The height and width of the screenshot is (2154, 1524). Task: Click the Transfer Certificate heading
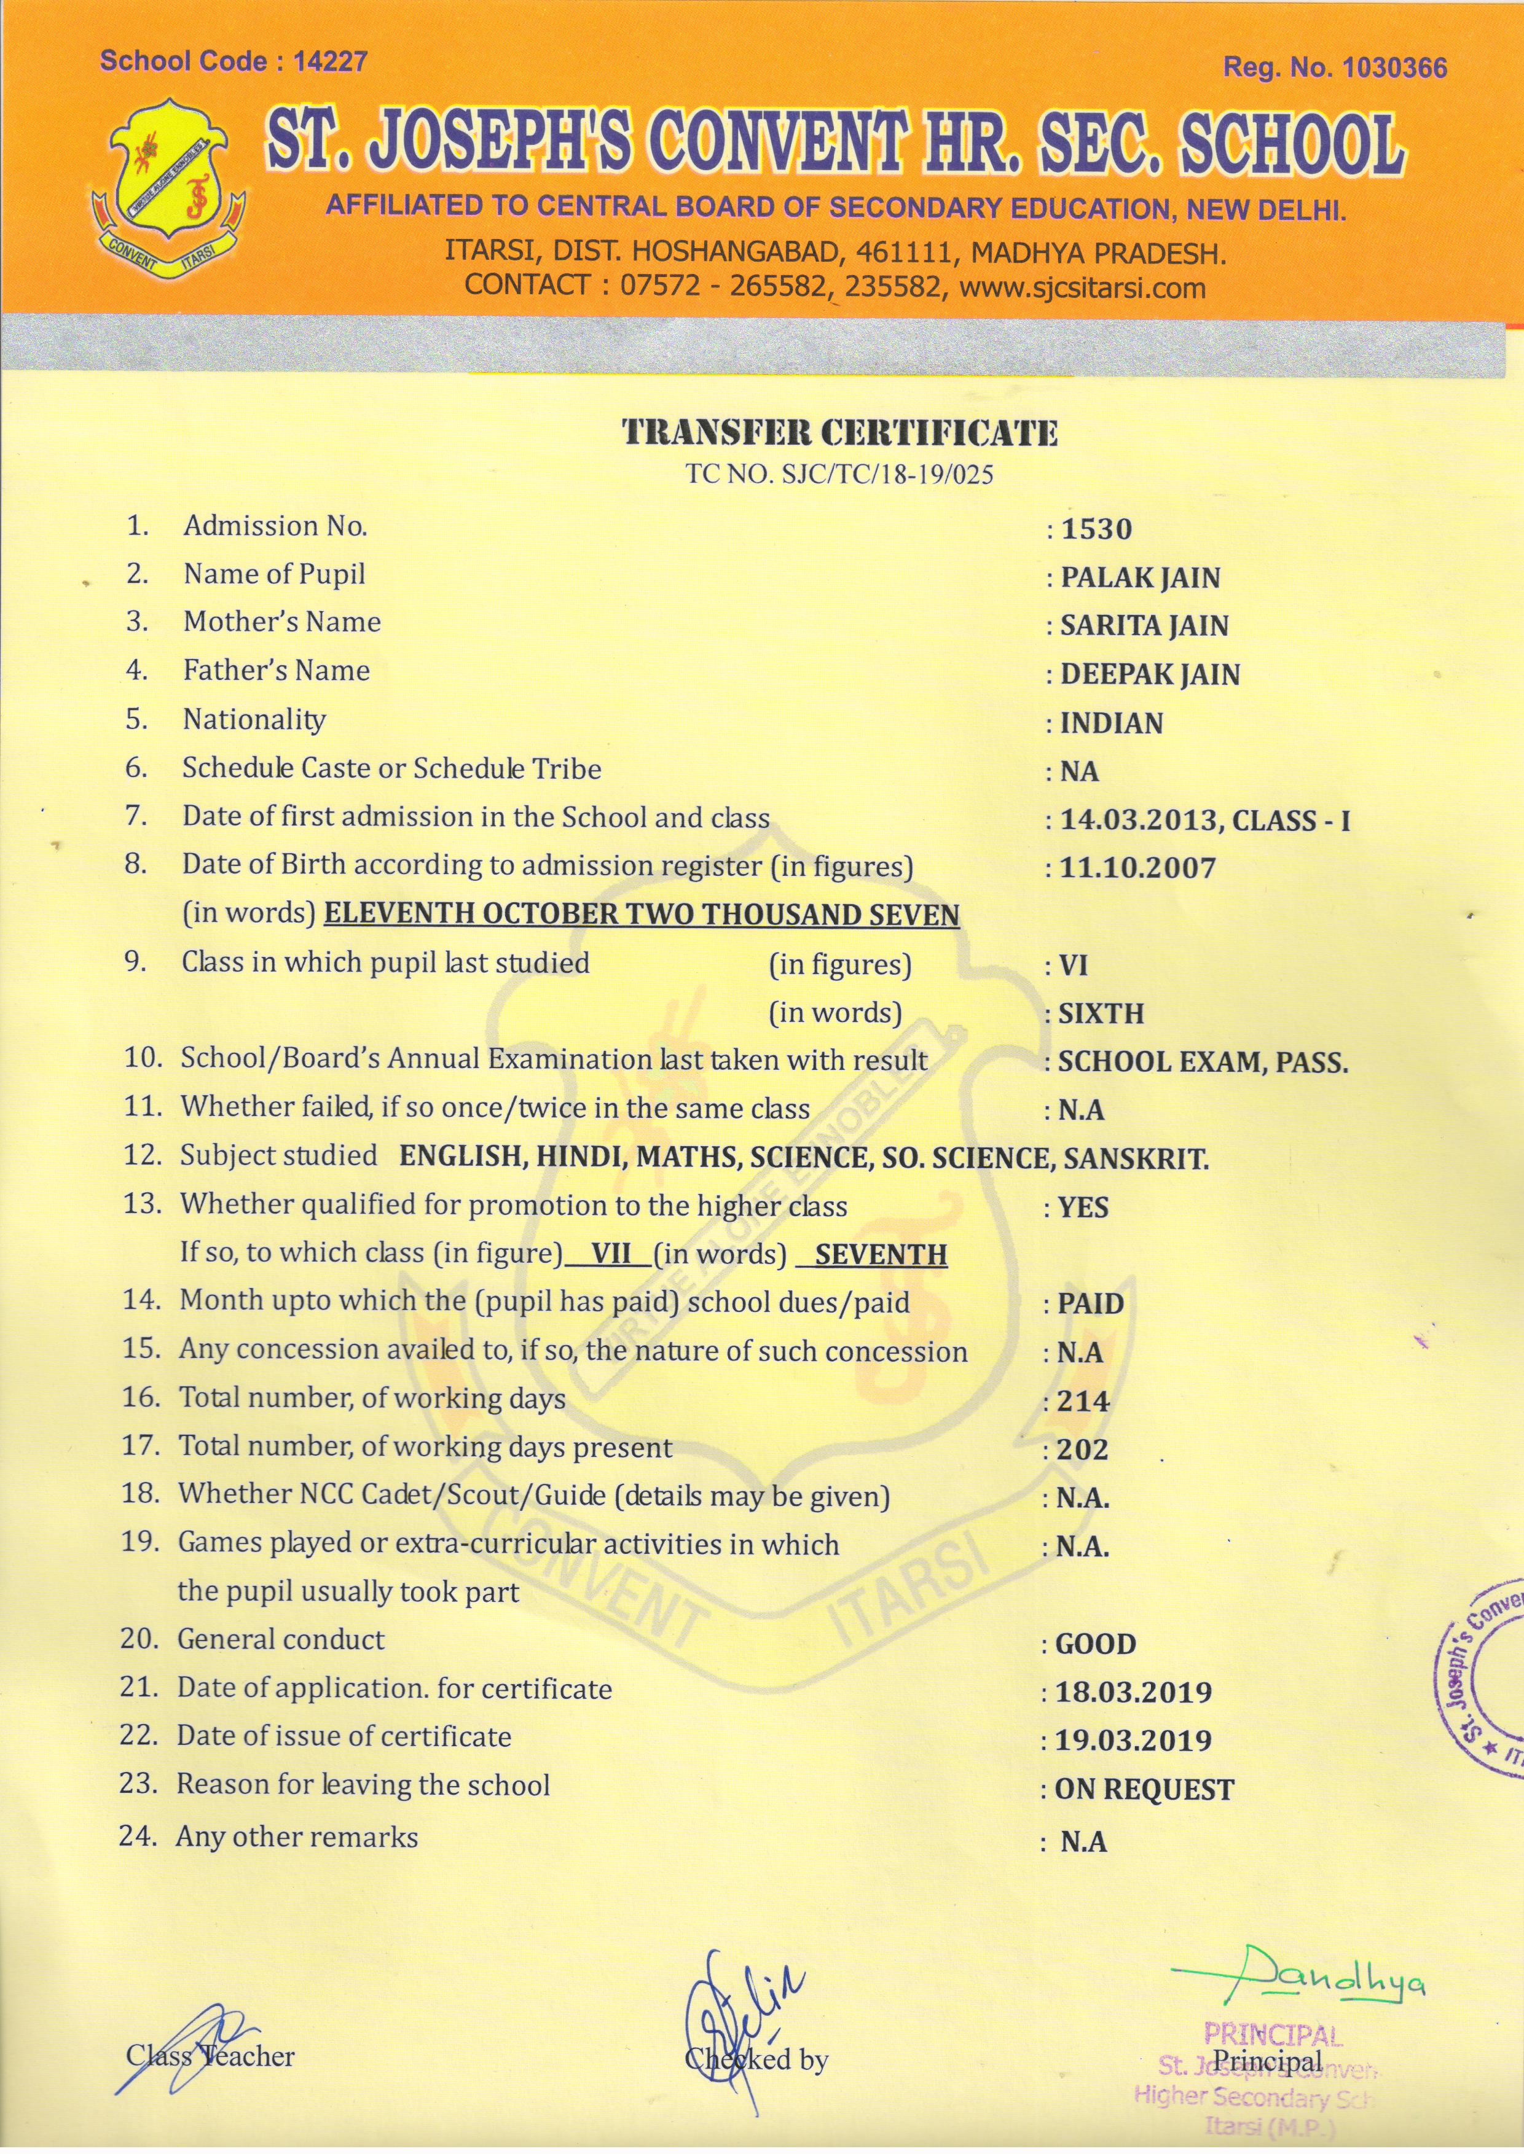click(x=840, y=434)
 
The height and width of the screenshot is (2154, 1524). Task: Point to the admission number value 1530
click(x=1096, y=529)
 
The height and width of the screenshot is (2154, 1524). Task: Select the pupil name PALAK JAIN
click(x=1139, y=578)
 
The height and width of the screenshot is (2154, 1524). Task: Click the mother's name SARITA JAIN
click(x=1144, y=626)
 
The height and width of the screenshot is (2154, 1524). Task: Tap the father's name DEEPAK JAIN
click(x=1150, y=674)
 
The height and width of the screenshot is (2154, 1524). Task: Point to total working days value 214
click(x=1083, y=1402)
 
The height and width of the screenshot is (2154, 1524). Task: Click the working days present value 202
click(x=1082, y=1450)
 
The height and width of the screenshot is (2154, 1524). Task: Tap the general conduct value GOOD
click(x=1095, y=1645)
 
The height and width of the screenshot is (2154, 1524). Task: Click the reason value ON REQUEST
click(x=1144, y=1790)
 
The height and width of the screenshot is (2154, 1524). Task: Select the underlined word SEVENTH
click(x=880, y=1255)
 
